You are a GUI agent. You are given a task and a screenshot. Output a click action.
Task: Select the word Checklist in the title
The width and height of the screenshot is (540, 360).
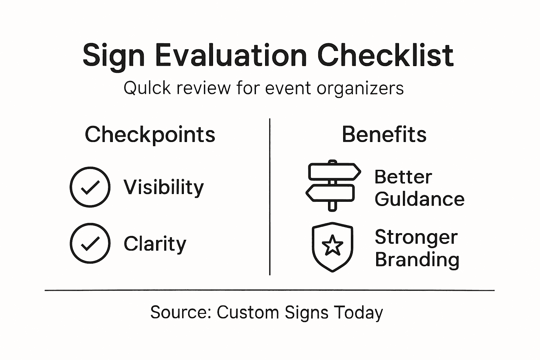385,56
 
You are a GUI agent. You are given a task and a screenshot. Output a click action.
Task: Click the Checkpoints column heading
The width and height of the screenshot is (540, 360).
150,135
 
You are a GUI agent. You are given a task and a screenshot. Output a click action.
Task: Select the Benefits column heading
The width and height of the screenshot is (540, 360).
384,135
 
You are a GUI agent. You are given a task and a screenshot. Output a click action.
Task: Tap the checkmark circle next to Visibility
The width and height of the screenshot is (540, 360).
90,187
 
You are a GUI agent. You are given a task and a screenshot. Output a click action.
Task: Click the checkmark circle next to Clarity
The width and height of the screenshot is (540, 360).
90,243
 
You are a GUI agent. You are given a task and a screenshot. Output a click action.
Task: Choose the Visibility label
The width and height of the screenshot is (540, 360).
163,187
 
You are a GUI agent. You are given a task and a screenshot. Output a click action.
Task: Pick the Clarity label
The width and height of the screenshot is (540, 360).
155,244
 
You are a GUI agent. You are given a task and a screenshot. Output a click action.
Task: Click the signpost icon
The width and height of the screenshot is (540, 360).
333,185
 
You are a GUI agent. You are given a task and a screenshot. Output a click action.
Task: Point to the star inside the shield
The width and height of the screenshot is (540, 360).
332,245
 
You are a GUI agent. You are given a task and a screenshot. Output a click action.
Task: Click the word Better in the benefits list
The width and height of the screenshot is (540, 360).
403,177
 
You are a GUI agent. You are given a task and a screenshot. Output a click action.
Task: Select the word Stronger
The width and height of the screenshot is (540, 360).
416,237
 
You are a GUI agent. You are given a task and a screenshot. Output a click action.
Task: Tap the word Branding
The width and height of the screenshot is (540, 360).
417,260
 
